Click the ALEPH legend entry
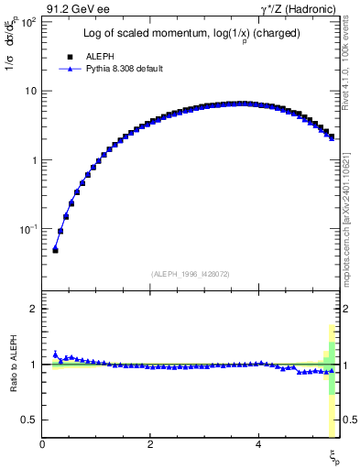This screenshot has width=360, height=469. coord(98,55)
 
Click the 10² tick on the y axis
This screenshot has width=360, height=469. coord(28,22)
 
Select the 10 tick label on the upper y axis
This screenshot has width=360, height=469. coord(31,91)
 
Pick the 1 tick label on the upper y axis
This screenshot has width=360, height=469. coord(34,159)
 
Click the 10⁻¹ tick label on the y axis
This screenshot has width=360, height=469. coord(28,228)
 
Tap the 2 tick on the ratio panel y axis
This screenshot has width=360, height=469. coord(34,309)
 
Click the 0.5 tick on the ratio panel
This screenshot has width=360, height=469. coord(30,420)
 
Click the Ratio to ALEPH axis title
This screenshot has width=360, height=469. coord(12,364)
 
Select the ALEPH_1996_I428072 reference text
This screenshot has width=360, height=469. coord(190,273)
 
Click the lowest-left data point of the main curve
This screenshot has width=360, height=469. coord(55,248)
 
